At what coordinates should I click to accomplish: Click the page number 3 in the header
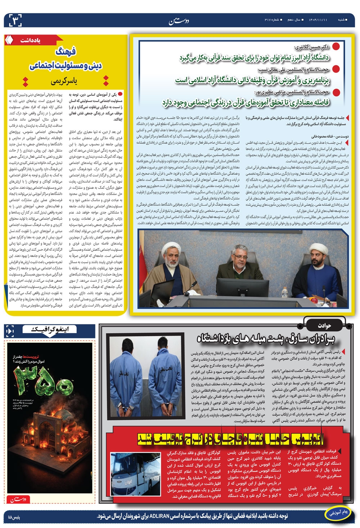tap(13, 20)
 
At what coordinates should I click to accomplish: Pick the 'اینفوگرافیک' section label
tap(48, 328)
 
